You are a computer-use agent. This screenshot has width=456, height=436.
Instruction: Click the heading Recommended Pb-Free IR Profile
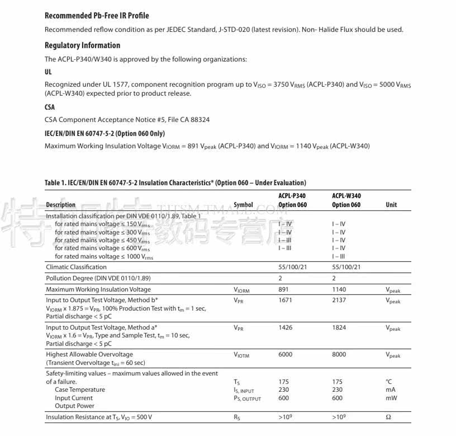(x=97, y=16)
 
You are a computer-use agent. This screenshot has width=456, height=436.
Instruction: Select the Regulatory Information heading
(x=82, y=45)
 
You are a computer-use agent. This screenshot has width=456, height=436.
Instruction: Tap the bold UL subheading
(x=48, y=72)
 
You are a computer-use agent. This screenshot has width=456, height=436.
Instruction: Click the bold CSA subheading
(x=50, y=107)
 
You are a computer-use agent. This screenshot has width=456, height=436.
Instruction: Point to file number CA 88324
(x=191, y=119)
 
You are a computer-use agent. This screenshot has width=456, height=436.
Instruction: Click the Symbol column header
(x=243, y=205)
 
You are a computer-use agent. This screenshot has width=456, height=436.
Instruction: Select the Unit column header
(x=391, y=205)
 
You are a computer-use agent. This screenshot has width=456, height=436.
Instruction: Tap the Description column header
(x=60, y=205)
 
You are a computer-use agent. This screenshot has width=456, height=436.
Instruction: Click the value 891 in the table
(x=284, y=289)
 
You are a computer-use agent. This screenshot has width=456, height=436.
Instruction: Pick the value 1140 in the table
(x=339, y=289)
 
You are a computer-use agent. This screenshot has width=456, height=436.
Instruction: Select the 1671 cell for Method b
(x=285, y=300)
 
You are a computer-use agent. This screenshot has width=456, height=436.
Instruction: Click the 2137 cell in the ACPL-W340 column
(x=339, y=300)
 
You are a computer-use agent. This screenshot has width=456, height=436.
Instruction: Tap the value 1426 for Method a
(x=285, y=327)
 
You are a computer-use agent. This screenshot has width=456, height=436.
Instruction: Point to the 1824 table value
(x=339, y=327)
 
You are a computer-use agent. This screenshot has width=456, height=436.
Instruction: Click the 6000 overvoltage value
(x=285, y=354)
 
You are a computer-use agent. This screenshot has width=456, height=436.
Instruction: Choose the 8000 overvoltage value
(x=339, y=354)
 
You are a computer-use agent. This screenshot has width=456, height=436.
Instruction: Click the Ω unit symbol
(x=388, y=417)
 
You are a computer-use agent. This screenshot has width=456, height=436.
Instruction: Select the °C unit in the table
(x=389, y=382)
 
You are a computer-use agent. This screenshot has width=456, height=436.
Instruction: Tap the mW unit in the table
(x=391, y=398)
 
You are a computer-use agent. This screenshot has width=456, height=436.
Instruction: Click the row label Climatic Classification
(x=76, y=267)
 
